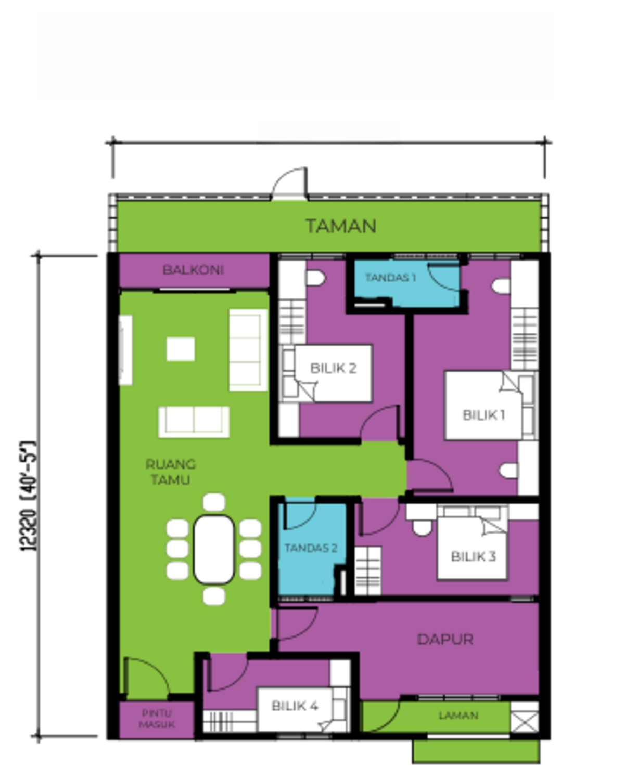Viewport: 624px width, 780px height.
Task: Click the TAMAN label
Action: (340, 226)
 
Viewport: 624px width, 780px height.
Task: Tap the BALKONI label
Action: (193, 270)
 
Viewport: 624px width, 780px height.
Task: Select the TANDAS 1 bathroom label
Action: (390, 278)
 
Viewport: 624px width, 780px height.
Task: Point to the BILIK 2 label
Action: (333, 368)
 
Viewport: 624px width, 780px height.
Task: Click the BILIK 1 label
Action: (483, 415)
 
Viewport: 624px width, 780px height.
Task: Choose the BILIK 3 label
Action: (473, 556)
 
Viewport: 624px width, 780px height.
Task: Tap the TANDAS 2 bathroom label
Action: (311, 548)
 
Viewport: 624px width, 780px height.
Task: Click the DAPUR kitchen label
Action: (445, 639)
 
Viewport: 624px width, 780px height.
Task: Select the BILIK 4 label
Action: (295, 706)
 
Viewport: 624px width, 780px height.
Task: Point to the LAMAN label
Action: (458, 716)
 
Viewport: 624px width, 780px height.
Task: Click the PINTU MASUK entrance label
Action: (156, 719)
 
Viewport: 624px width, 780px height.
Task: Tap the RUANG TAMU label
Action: (170, 472)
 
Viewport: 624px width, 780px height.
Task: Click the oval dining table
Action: (214, 549)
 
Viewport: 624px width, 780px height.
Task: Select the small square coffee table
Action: (181, 349)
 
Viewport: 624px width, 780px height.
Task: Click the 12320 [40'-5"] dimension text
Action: (29, 496)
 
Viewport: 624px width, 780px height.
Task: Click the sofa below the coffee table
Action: (194, 422)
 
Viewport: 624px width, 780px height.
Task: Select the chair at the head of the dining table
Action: (214, 502)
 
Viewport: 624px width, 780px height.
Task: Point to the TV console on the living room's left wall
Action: (125, 350)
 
